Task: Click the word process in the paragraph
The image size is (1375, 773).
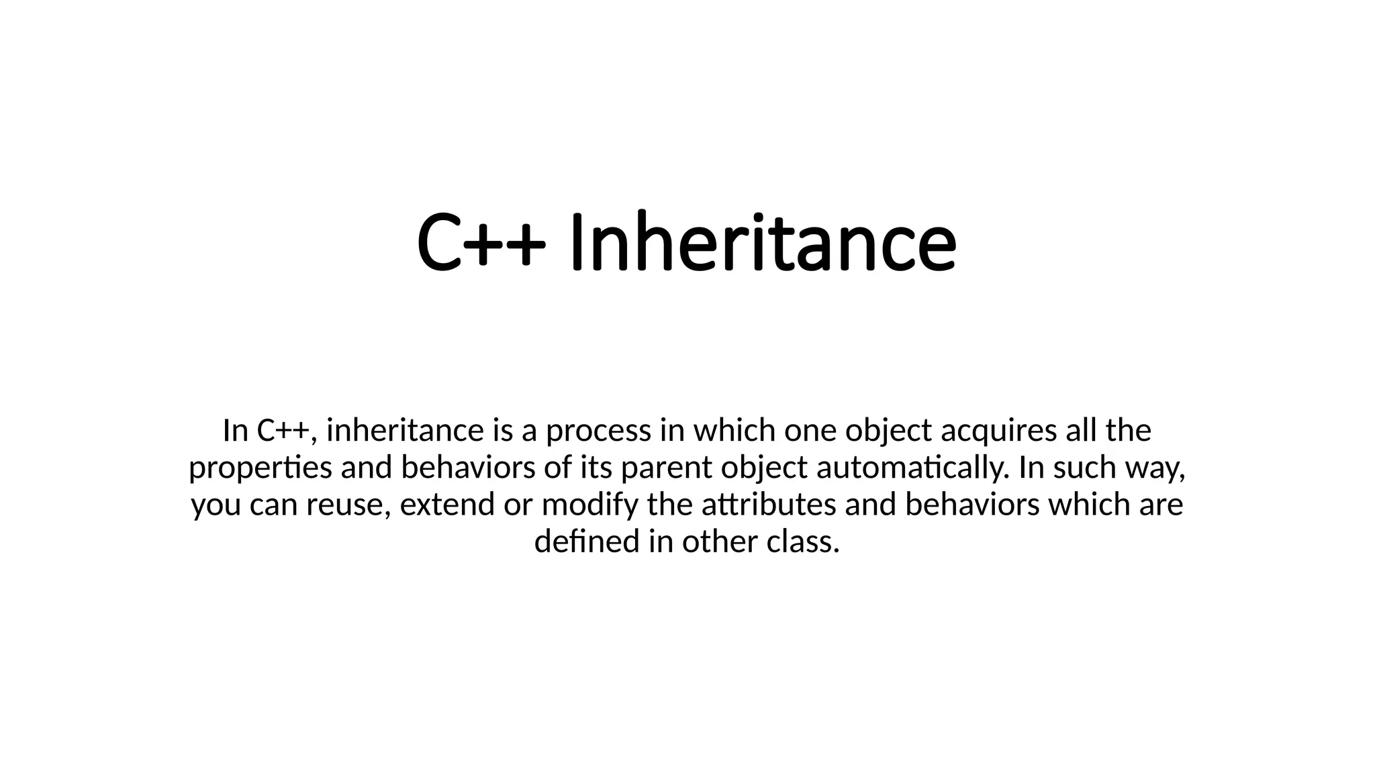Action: coord(598,430)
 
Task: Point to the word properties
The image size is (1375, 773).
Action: coord(260,468)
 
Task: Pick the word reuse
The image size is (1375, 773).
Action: coord(348,505)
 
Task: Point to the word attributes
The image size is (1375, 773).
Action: coord(768,505)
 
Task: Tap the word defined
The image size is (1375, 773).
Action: coord(587,542)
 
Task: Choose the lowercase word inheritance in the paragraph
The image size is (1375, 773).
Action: coord(405,430)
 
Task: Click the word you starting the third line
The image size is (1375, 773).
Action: coord(216,505)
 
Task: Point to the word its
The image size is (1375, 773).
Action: coord(597,468)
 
